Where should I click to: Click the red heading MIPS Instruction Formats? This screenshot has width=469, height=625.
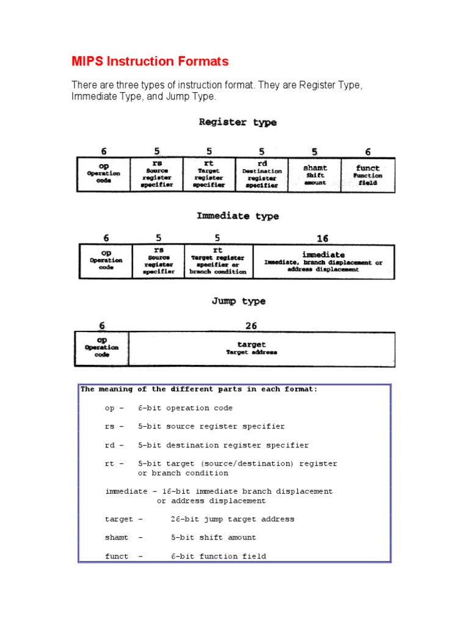pos(150,62)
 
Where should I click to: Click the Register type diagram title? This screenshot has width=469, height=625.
pos(238,122)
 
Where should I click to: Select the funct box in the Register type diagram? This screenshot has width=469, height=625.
pos(368,175)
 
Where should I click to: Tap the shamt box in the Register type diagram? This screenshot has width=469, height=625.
pos(314,175)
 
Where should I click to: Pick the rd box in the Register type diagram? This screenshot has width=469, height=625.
pos(261,175)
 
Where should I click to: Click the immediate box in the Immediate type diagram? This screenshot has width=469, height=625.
pos(323,262)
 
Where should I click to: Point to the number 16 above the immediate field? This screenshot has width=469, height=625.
pos(323,239)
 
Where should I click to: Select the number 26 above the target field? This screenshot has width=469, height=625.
pos(251,326)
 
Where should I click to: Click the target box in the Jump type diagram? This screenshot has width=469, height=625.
pos(261,349)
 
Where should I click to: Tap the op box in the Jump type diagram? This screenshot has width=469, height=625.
pos(101,349)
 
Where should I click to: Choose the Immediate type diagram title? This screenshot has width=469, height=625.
pos(238,216)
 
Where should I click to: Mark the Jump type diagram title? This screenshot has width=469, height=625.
pos(238,302)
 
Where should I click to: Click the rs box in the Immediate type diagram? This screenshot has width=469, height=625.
pos(158,262)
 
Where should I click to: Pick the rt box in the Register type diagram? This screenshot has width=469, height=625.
pos(209,175)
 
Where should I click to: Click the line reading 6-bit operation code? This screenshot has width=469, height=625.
pos(185,408)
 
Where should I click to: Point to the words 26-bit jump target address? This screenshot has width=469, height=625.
pos(232,519)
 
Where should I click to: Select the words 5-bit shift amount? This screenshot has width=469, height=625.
pos(213,538)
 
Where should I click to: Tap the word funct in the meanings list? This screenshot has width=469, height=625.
pos(117,557)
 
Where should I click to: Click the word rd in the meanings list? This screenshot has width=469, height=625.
pos(110,446)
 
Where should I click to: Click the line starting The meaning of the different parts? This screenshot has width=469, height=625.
pos(199,389)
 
